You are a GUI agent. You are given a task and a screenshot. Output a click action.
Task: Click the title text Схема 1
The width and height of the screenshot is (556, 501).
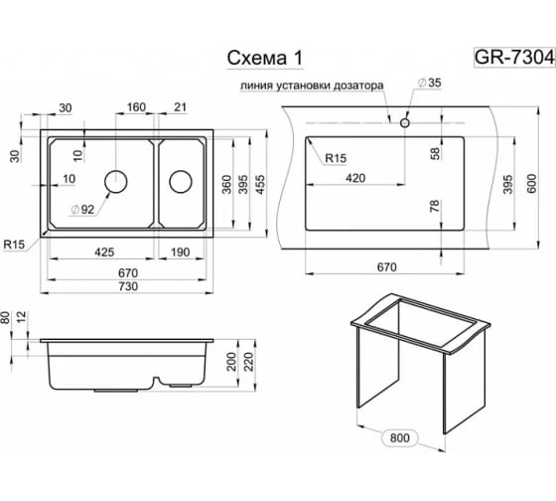point(264,58)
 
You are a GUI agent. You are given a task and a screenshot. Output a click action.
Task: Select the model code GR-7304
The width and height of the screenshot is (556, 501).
point(514,57)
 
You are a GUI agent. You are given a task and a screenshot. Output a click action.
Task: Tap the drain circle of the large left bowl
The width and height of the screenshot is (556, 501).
point(116,182)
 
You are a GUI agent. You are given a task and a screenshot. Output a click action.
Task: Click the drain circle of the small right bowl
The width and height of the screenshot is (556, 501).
point(181,182)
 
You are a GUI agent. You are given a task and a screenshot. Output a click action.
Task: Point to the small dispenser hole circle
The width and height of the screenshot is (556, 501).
point(405,123)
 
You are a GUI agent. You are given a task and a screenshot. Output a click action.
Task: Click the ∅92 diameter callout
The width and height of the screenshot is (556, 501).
point(83,210)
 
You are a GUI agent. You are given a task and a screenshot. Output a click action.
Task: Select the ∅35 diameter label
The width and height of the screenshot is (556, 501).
point(430,83)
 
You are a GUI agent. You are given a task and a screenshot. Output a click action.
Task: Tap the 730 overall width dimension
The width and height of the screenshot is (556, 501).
point(128,286)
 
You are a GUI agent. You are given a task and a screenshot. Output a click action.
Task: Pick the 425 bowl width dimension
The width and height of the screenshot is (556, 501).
point(104,252)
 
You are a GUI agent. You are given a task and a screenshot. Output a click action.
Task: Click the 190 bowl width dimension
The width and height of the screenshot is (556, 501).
point(181,252)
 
